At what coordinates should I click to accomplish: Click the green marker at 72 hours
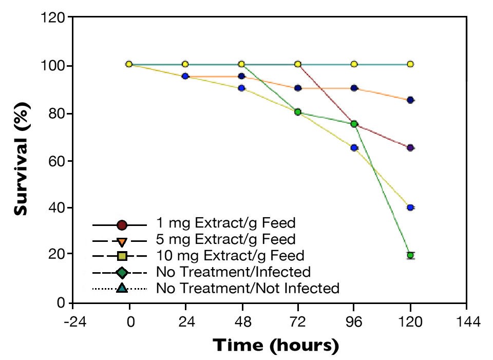298,112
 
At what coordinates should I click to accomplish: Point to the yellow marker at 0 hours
129,64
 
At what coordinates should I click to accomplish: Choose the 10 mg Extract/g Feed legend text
230,255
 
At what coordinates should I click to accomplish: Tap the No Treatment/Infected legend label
233,272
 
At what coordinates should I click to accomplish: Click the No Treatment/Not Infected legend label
248,288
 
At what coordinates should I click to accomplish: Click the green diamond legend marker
122,272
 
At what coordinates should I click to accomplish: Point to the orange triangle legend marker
122,241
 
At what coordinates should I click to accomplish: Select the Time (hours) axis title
276,345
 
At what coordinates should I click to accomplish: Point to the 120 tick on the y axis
54,18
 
